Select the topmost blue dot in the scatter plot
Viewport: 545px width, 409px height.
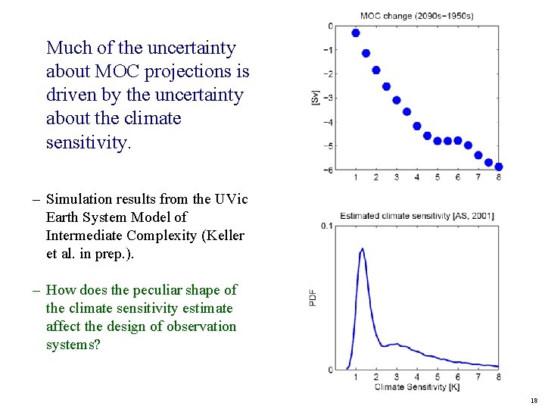coord(356,33)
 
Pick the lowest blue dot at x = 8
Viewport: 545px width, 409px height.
coord(498,167)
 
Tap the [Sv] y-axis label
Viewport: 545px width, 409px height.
coord(315,97)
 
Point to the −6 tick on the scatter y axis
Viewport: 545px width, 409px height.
coord(328,170)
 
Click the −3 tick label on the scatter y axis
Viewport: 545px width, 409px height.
coord(328,98)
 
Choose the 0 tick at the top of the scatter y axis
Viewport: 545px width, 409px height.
coord(330,27)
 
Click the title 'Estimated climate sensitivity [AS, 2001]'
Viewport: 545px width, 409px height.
coord(417,216)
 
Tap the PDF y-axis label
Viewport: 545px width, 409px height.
coord(313,298)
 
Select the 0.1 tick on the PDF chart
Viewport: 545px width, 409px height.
coord(326,226)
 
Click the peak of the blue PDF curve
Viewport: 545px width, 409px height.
coord(363,248)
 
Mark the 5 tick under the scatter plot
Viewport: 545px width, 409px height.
coord(438,177)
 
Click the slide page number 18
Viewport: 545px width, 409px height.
coord(534,401)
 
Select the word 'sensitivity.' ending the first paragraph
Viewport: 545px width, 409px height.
coord(88,142)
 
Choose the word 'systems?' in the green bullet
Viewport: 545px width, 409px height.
coord(73,345)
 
